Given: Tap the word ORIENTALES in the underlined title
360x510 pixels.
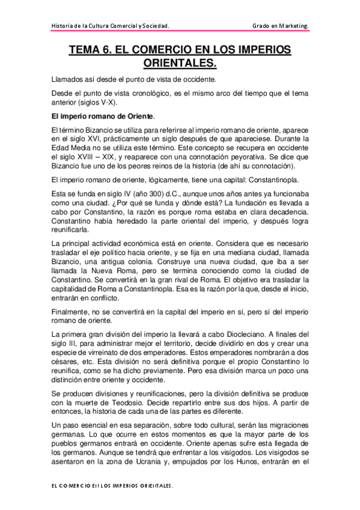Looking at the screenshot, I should pyautogui.click(x=180, y=63).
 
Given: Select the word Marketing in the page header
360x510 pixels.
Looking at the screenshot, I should pyautogui.click(x=290, y=26).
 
